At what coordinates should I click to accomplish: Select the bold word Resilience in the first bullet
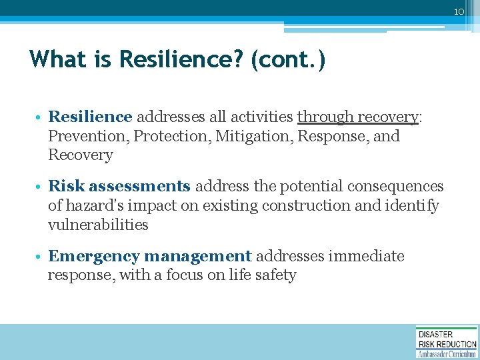90,117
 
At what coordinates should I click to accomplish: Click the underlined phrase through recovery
357,117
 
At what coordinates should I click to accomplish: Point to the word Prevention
89,136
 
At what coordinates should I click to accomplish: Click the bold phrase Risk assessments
119,187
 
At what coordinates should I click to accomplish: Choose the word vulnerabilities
98,225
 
